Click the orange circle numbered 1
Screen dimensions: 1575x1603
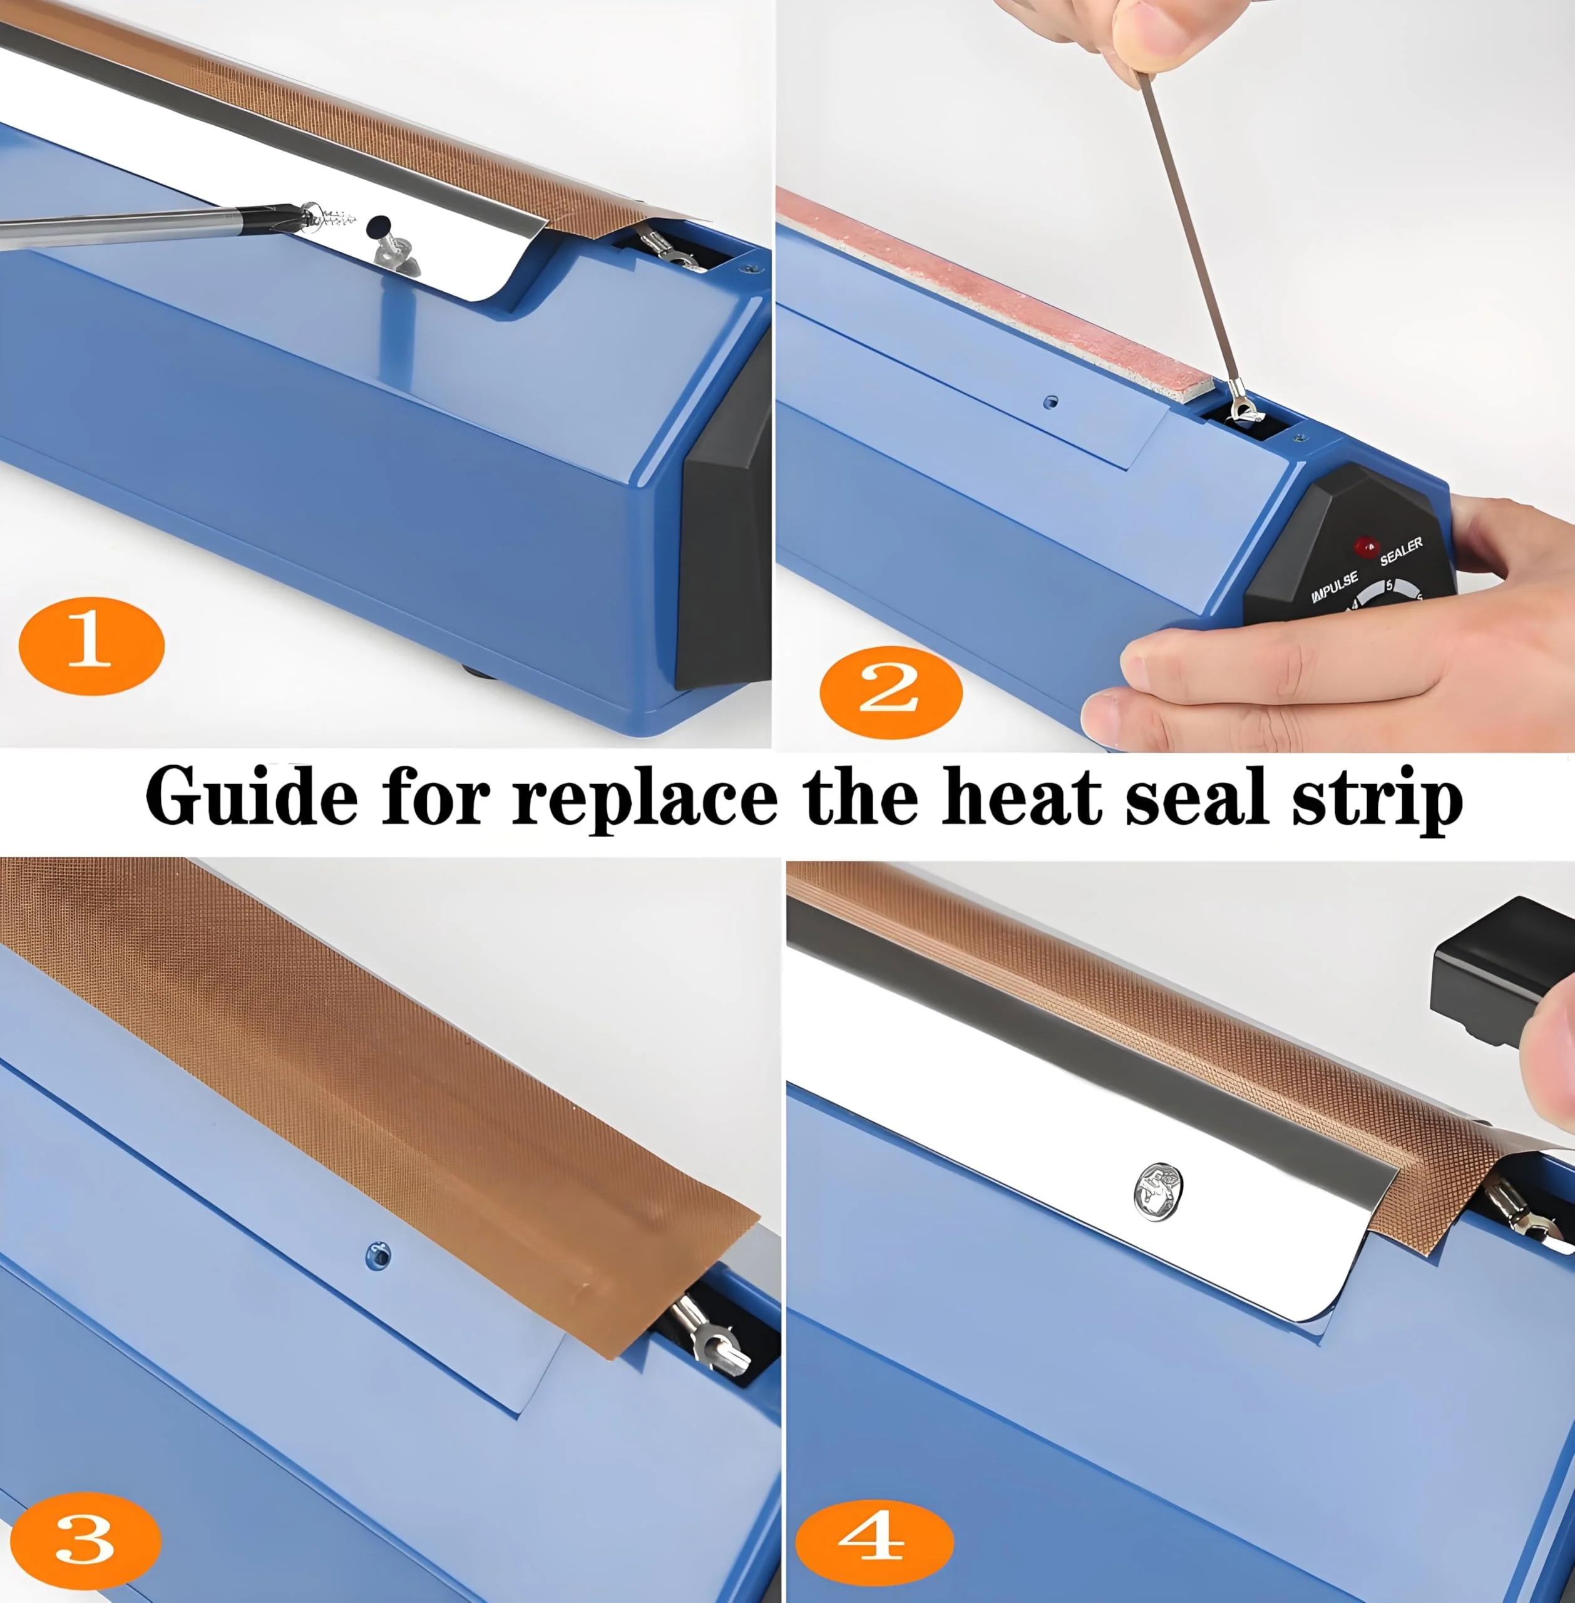[x=91, y=646]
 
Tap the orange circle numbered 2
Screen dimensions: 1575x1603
[x=891, y=691]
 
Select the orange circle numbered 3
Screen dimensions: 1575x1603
[x=85, y=1541]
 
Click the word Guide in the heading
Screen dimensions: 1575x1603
[x=252, y=796]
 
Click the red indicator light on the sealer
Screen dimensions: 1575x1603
[x=1366, y=547]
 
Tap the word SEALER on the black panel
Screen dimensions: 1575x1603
[x=1401, y=550]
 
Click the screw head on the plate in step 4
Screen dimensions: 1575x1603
[x=1157, y=1191]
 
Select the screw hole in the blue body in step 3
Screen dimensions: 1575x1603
[x=378, y=1255]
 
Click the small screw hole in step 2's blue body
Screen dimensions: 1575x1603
[x=1050, y=402]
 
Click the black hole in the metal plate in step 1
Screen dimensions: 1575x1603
[x=379, y=224]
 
